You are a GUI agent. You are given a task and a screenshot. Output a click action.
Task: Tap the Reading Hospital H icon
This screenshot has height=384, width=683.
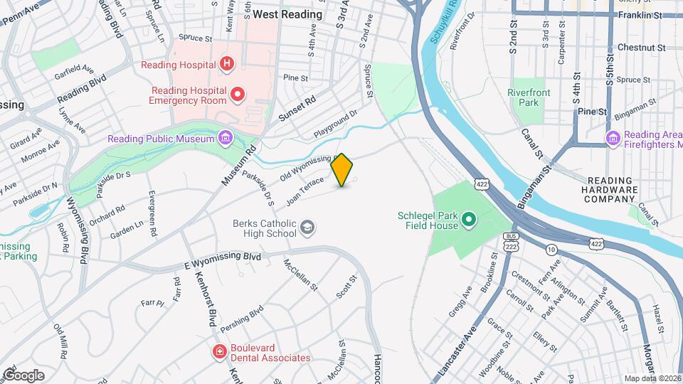[226, 65]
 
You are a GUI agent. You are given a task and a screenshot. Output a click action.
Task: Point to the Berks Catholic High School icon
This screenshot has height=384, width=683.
[307, 228]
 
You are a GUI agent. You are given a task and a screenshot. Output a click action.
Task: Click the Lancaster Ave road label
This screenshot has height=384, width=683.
[460, 349]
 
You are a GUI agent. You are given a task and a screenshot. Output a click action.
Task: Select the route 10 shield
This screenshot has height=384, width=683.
[551, 249]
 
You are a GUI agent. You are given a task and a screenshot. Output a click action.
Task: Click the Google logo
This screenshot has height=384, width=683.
[23, 375]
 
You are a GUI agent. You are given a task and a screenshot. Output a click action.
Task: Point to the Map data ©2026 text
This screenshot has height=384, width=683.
[652, 378]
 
